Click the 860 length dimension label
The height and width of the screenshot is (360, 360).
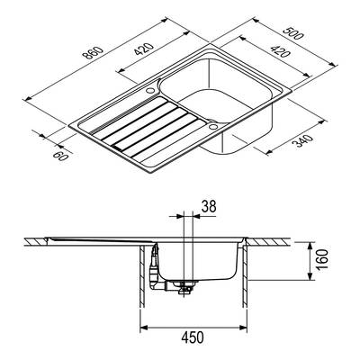(x=93, y=53)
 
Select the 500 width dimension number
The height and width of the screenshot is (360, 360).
(x=293, y=33)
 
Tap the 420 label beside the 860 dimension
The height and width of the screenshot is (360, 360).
(x=144, y=49)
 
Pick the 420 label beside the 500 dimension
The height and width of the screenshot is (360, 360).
(x=280, y=51)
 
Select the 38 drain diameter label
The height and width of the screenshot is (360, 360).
(x=209, y=206)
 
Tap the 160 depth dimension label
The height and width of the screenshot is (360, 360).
(x=322, y=260)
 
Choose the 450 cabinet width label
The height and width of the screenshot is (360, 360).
(x=193, y=337)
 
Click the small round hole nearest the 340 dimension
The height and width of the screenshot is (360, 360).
(x=213, y=126)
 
